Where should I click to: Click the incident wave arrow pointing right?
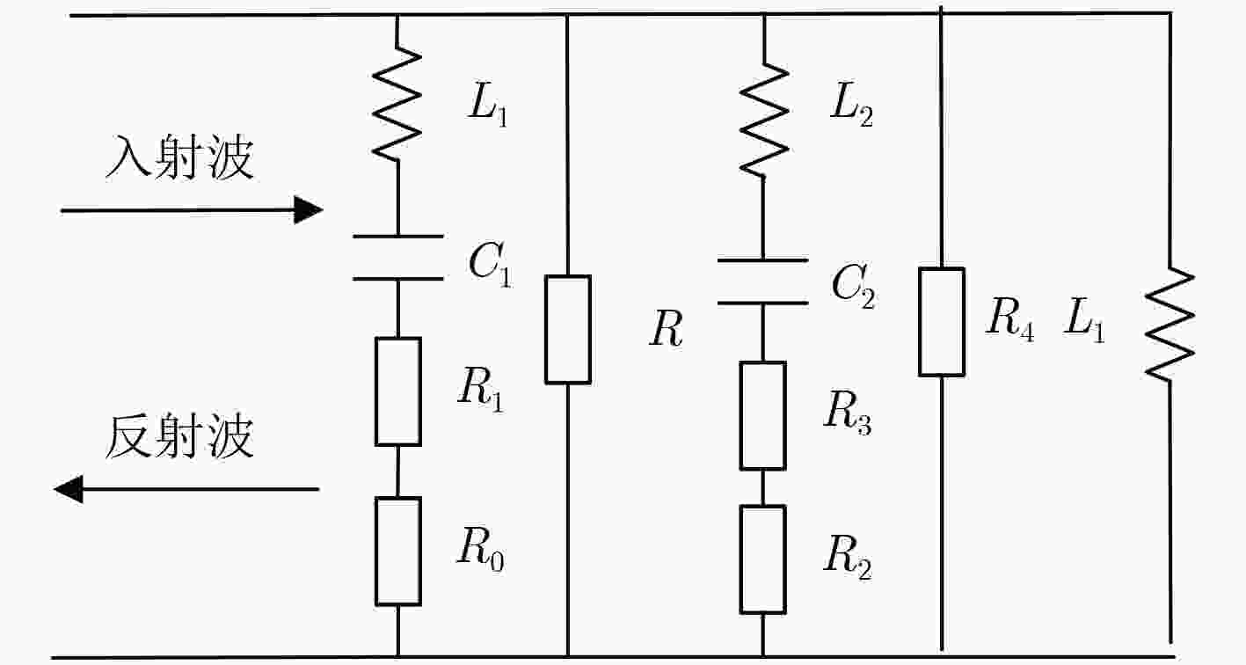[192, 210]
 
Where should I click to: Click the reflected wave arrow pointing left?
[186, 489]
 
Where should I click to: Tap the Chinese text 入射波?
[179, 157]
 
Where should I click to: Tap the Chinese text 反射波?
[179, 437]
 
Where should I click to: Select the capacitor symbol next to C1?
[398, 258]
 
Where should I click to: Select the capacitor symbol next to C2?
[762, 281]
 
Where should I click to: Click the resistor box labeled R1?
[398, 391]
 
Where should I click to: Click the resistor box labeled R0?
[398, 551]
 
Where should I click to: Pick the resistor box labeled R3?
[762, 416]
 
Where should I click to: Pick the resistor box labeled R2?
[762, 559]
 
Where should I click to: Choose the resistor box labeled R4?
[941, 322]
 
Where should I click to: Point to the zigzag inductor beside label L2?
[764, 120]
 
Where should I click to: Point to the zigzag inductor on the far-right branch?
[1169, 325]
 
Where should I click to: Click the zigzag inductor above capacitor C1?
[397, 104]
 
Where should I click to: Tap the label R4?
[1009, 319]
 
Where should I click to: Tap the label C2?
[854, 286]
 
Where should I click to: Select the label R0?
[481, 550]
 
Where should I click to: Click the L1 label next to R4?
[1084, 319]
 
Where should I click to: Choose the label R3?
[848, 413]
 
